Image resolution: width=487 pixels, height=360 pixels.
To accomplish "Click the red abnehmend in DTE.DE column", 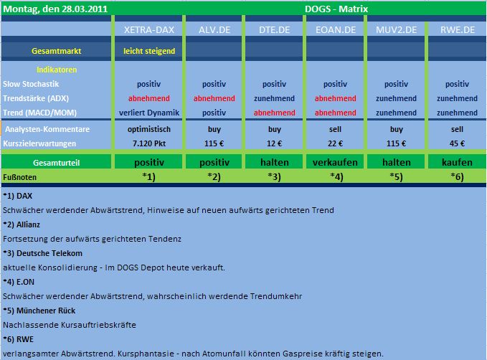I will click(275, 113).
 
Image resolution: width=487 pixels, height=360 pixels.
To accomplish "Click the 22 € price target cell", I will click(336, 143).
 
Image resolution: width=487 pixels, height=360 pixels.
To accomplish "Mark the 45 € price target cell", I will click(457, 143).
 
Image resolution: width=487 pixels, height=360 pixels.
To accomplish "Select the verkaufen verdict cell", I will click(336, 163).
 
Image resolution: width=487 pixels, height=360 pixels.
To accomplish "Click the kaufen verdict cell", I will click(457, 163).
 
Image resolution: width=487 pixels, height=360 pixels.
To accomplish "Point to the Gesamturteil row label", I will click(56, 163).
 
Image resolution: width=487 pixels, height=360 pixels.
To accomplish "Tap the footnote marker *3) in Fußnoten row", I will click(275, 176).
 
